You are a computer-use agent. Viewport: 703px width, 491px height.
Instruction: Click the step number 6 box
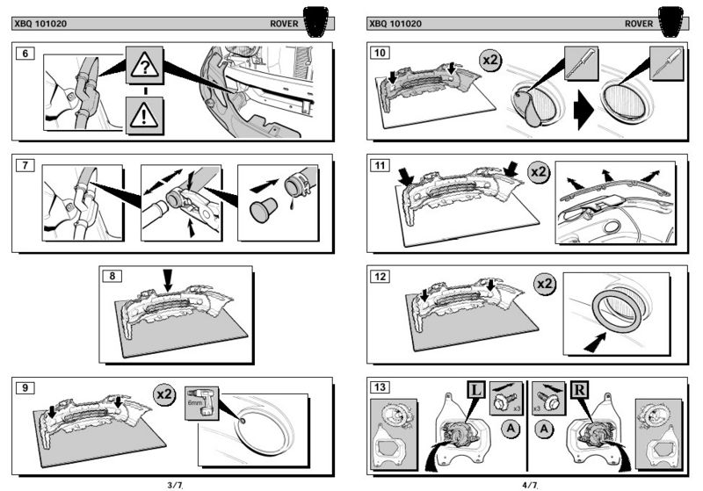26,54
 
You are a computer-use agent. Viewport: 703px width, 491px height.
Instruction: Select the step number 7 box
26,164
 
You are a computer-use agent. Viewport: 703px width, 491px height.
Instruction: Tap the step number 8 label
112,276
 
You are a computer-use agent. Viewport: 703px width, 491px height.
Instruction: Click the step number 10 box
380,54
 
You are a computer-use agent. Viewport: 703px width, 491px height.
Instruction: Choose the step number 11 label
380,164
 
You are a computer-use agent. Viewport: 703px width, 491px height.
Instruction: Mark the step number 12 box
380,276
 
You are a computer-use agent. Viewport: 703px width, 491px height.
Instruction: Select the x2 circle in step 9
163,394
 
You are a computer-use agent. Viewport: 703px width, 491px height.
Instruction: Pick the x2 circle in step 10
491,61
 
